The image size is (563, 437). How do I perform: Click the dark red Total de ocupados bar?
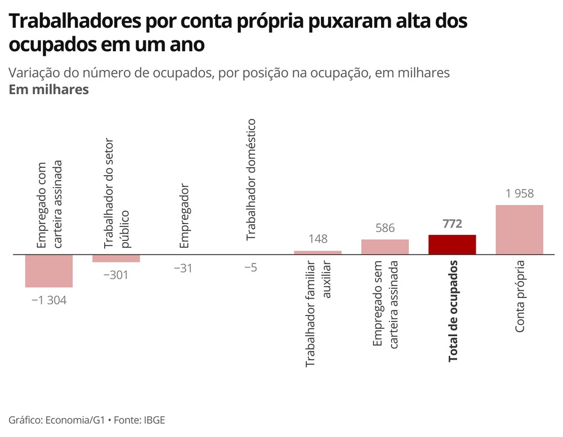click(x=452, y=244)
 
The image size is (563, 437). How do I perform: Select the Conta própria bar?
click(x=519, y=230)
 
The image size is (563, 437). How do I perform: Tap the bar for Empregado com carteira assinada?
click(x=49, y=271)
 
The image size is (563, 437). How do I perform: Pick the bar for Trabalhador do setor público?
click(x=116, y=258)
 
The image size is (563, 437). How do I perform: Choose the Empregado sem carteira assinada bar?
click(x=385, y=247)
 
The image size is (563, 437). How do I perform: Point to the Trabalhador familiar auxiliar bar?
click(x=318, y=252)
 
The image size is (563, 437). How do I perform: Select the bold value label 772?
click(x=452, y=224)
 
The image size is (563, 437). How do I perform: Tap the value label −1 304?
click(x=49, y=300)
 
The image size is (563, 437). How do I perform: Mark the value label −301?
click(x=116, y=275)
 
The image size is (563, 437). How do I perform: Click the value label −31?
click(x=183, y=268)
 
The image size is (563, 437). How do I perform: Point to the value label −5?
click(x=251, y=267)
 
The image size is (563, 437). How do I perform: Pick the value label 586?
click(x=385, y=229)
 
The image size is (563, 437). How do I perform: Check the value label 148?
click(x=318, y=239)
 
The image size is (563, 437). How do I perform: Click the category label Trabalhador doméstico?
click(x=251, y=180)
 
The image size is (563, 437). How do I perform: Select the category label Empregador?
click(x=184, y=216)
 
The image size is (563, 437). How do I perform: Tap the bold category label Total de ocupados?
click(x=453, y=310)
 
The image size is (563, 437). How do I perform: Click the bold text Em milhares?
click(x=49, y=90)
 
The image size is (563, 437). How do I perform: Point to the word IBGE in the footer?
click(x=154, y=420)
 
